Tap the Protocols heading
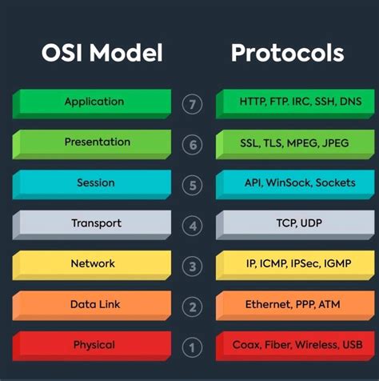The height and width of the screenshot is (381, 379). point(288,54)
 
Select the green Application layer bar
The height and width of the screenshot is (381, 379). point(94,102)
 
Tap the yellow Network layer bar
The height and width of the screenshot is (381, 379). point(94,263)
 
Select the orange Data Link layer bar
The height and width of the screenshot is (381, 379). point(93,304)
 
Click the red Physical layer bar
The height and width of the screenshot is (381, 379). point(94,345)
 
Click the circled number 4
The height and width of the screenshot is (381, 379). point(192,227)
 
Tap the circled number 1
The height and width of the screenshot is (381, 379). point(192,347)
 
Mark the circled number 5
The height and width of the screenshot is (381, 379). point(192,186)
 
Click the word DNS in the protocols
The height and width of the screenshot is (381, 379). point(349,102)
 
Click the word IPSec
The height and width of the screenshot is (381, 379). point(308,263)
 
